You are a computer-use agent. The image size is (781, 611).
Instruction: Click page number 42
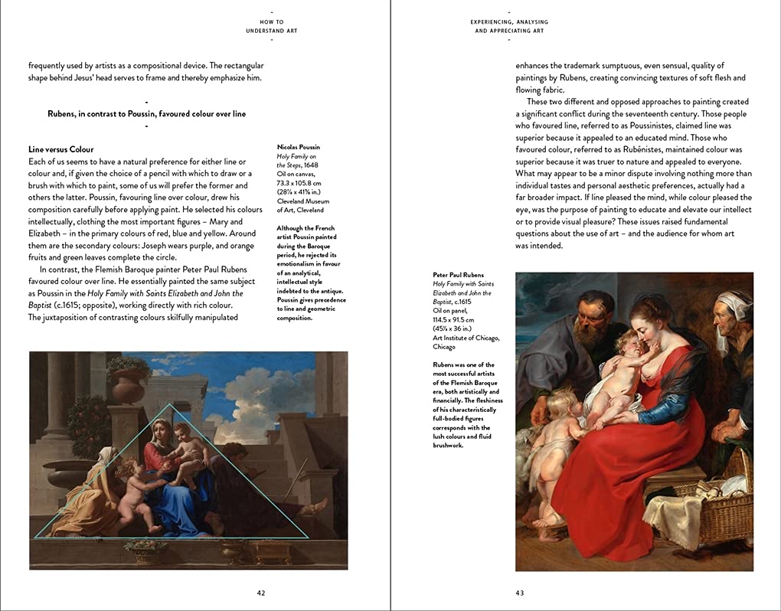point(261,593)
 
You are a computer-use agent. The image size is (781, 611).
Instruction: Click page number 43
point(520,593)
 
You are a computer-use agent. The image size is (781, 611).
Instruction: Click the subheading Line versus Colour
point(60,149)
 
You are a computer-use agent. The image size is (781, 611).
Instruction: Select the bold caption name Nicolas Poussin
point(299,147)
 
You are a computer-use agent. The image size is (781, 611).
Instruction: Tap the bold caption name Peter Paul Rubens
point(458,275)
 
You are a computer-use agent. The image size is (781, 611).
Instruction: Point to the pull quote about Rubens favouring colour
point(146,114)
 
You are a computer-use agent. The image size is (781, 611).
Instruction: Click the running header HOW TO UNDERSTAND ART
point(272,27)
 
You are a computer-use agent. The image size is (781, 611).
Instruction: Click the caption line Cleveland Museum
point(302,201)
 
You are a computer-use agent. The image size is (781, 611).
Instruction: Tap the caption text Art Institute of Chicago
point(466,338)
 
